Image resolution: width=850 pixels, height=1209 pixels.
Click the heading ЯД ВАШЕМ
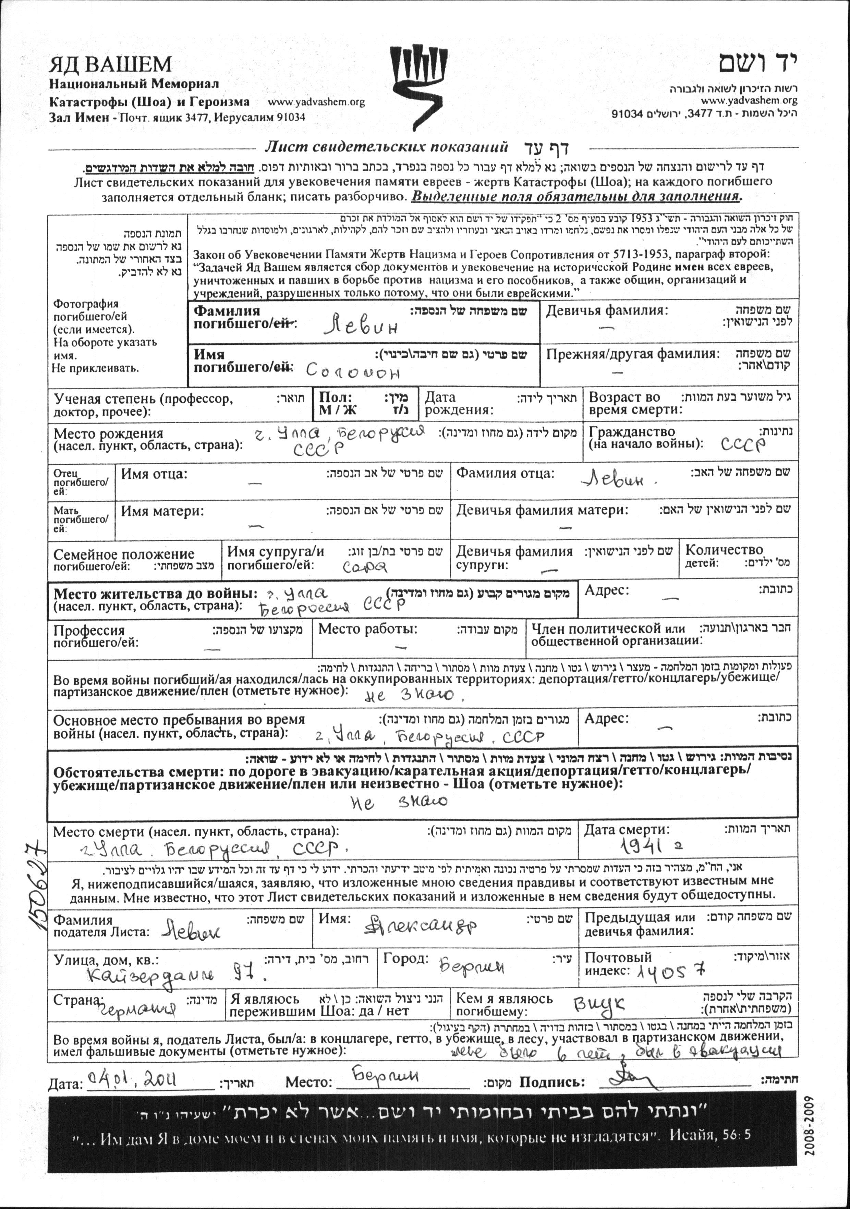[111, 65]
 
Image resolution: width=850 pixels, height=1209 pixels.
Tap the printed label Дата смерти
[627, 830]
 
